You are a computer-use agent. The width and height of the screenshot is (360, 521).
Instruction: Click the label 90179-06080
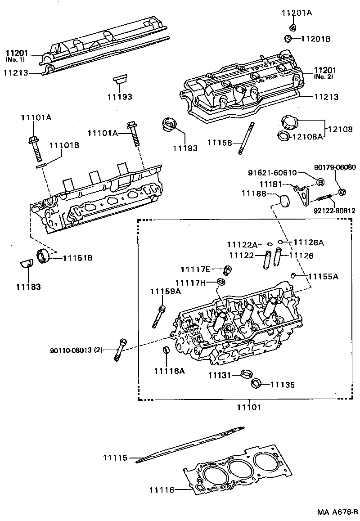pyautogui.click(x=335, y=167)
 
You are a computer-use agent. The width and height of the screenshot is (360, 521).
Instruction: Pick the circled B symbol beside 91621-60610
pyautogui.click(x=320, y=182)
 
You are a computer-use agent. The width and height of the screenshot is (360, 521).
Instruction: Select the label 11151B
pyautogui.click(x=77, y=258)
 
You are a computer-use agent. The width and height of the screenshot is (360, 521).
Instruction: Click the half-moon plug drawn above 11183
pyautogui.click(x=26, y=262)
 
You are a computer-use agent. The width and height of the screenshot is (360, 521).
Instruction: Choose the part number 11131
pyautogui.click(x=220, y=375)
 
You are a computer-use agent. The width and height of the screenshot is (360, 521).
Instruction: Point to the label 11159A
pyautogui.click(x=165, y=292)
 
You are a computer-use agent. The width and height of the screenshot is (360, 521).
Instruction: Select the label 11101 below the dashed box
pyautogui.click(x=249, y=407)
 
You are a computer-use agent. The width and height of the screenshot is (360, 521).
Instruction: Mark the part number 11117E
pyautogui.click(x=195, y=269)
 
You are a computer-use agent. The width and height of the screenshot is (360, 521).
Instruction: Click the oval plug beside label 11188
pyautogui.click(x=284, y=200)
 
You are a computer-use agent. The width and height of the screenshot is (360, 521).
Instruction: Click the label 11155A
pyautogui.click(x=323, y=276)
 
